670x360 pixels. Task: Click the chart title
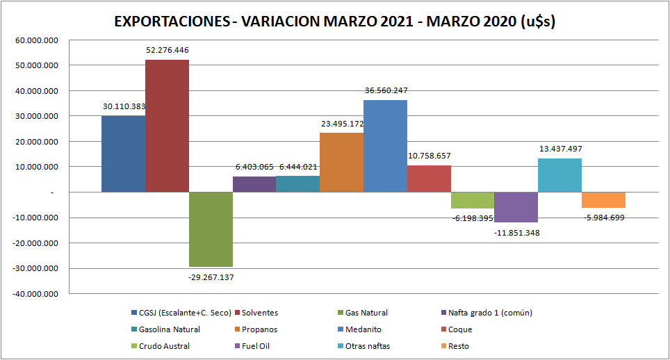point(335,21)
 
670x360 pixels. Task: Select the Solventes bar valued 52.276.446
point(167,125)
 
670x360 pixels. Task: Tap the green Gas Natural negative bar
point(211,229)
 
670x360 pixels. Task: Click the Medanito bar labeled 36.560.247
point(385,146)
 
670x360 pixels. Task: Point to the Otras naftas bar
point(559,175)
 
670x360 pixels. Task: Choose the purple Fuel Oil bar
point(516,207)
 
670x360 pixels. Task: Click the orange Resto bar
point(603,200)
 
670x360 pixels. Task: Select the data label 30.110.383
point(124,106)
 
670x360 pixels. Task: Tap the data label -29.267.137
point(211,277)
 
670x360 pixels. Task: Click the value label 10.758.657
point(429,156)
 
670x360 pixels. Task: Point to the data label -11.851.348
point(516,232)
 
